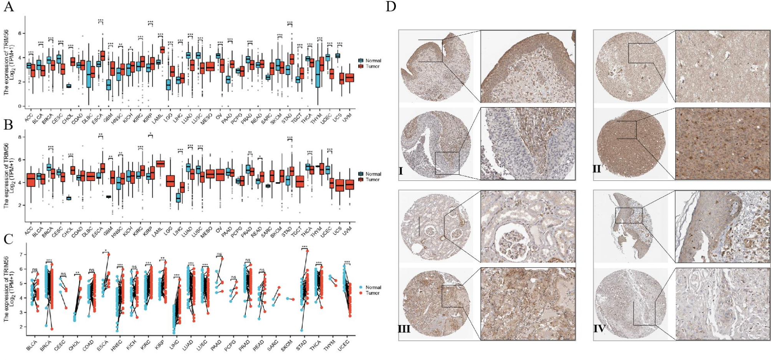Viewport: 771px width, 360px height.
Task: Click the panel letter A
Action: (8, 7)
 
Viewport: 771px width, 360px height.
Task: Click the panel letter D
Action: (390, 7)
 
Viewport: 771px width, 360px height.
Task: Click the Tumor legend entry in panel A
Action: (372, 66)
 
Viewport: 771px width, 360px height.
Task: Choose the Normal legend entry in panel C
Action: (373, 287)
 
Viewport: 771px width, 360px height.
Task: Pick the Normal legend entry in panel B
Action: (373, 174)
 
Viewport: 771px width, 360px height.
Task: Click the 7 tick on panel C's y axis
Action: (22, 255)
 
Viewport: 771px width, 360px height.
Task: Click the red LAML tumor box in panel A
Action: (162, 50)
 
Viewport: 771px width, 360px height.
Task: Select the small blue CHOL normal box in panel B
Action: (68, 198)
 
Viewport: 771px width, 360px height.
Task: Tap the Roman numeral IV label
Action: (599, 329)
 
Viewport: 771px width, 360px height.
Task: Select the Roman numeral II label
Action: (597, 168)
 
